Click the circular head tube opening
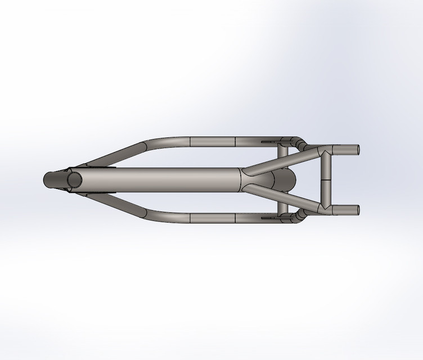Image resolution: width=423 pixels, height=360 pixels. click(74, 180)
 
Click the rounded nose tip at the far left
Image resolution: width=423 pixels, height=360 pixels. click(47, 180)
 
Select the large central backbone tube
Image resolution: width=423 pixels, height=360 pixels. click(169, 180)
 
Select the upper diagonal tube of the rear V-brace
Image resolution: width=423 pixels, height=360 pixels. click(281, 161)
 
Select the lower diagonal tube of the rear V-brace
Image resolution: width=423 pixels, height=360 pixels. click(281, 199)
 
